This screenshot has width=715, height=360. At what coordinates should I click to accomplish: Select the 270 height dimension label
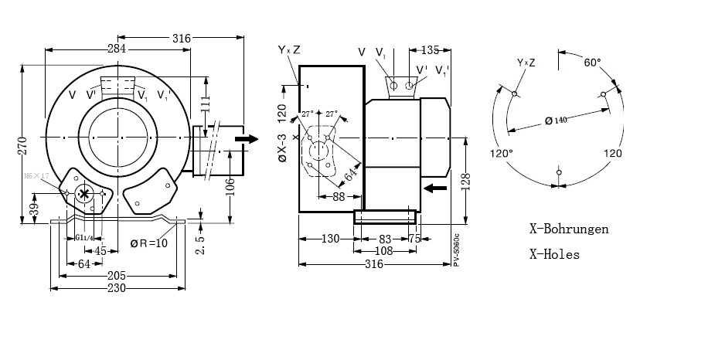(23, 147)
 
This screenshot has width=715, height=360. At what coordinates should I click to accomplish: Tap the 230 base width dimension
(116, 287)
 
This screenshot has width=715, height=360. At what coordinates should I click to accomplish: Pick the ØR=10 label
(148, 243)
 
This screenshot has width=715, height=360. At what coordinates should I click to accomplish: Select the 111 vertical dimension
(204, 104)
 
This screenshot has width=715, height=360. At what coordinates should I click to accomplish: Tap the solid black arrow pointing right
(247, 138)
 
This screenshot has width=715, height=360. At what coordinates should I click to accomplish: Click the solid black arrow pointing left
(436, 187)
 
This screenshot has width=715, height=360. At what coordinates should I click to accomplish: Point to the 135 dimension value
(431, 50)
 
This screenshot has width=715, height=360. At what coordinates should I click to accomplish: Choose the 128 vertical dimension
(465, 182)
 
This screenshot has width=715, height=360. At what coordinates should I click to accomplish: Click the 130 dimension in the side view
(330, 239)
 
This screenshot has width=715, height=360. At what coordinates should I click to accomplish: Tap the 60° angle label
(593, 62)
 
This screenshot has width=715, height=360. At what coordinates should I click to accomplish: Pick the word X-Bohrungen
(569, 229)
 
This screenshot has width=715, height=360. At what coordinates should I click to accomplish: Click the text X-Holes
(554, 253)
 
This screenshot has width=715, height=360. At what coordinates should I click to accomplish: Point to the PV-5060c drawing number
(456, 250)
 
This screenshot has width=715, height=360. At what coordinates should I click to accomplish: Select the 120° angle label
(502, 153)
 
